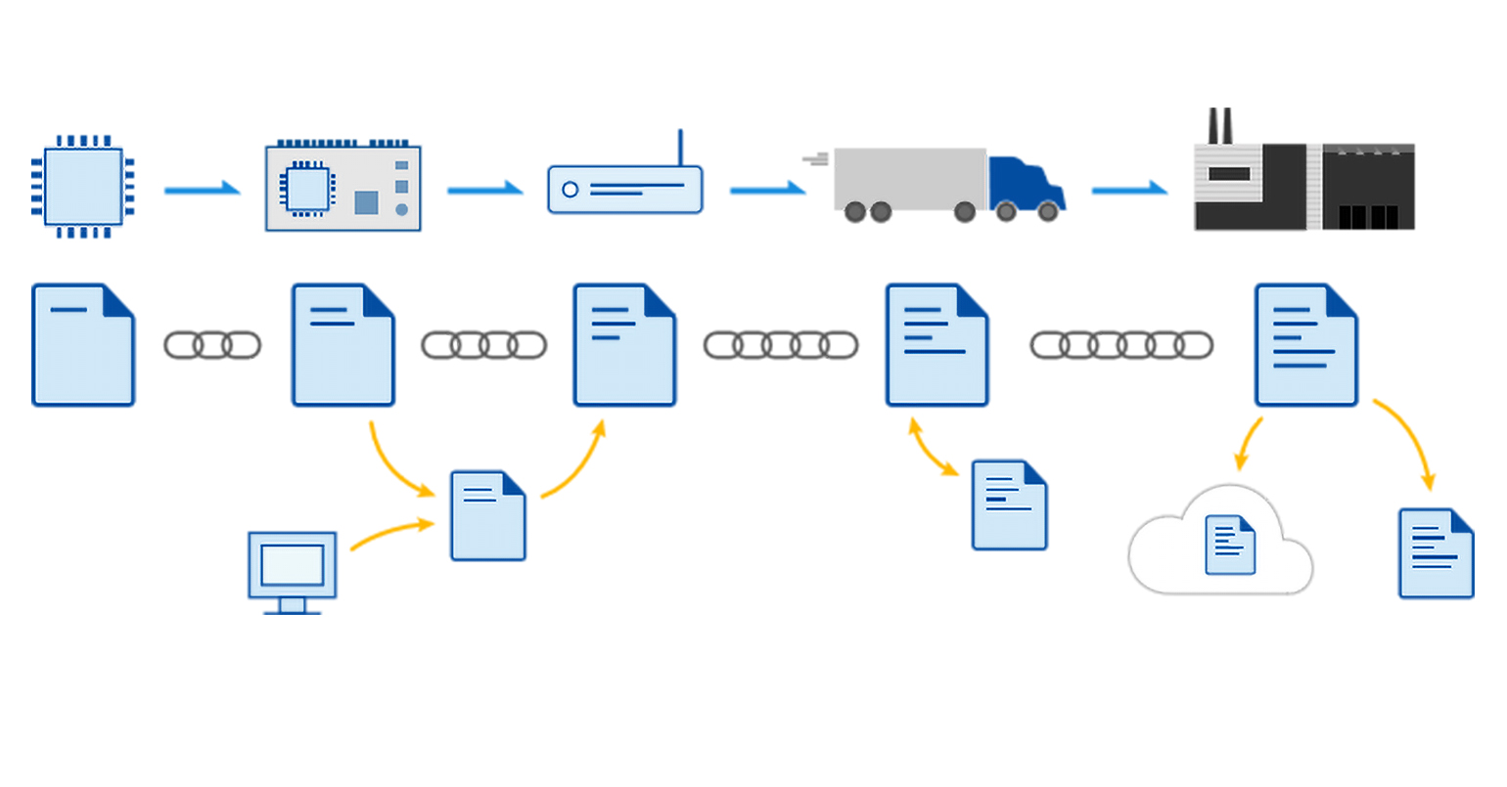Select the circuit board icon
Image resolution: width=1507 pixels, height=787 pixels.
point(343,188)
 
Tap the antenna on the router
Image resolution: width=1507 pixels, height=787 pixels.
point(680,148)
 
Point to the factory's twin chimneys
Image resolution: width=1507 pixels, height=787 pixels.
point(1219,125)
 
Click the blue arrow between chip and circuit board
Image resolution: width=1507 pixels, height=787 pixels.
point(202,189)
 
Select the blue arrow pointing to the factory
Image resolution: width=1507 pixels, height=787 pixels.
point(1129,189)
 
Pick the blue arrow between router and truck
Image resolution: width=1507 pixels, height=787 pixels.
point(767,189)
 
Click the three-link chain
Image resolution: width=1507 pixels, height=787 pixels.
point(212,345)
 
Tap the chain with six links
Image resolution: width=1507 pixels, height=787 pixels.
point(1121,345)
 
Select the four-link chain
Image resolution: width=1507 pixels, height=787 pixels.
point(483,345)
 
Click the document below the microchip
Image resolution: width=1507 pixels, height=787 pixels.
point(83,345)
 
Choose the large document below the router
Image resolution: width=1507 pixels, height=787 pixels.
point(624,345)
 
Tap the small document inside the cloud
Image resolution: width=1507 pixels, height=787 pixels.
point(1230,545)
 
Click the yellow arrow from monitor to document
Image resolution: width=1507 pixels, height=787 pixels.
point(391,532)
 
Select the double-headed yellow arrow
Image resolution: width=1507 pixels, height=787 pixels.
point(934,448)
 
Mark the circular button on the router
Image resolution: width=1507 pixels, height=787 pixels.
point(570,190)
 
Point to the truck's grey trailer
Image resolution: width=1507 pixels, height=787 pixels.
point(910,178)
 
